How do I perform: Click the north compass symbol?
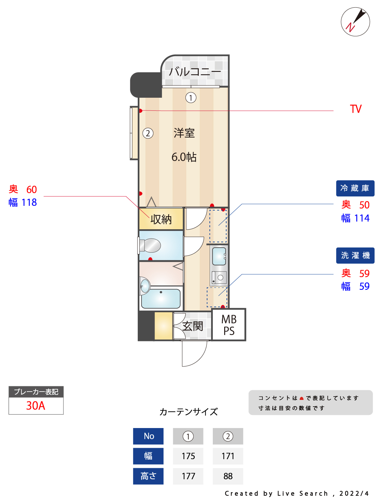pyautogui.click(x=355, y=22)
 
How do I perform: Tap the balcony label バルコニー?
pyautogui.click(x=195, y=72)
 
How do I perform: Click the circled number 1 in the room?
pyautogui.click(x=191, y=98)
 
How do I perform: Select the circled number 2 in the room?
pyautogui.click(x=148, y=133)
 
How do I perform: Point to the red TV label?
pyautogui.click(x=356, y=109)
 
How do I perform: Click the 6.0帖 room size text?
pyautogui.click(x=184, y=157)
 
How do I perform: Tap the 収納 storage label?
pyautogui.click(x=161, y=219)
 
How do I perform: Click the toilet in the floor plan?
pyautogui.click(x=149, y=245)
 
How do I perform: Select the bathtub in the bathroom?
pyautogui.click(x=161, y=299)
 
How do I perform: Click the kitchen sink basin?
pyautogui.click(x=219, y=256)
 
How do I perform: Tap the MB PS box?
pyautogui.click(x=229, y=325)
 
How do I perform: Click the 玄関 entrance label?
pyautogui.click(x=192, y=326)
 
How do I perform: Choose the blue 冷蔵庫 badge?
pyautogui.click(x=355, y=188)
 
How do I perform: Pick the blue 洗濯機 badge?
pyautogui.click(x=355, y=255)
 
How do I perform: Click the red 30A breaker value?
pyautogui.click(x=36, y=406)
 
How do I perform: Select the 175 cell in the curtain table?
pyautogui.click(x=188, y=456)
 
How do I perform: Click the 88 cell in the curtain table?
pyautogui.click(x=228, y=476)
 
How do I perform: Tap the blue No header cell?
pyautogui.click(x=148, y=436)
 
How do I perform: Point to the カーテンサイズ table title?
pyautogui.click(x=188, y=412)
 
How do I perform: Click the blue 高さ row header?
pyautogui.click(x=148, y=476)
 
